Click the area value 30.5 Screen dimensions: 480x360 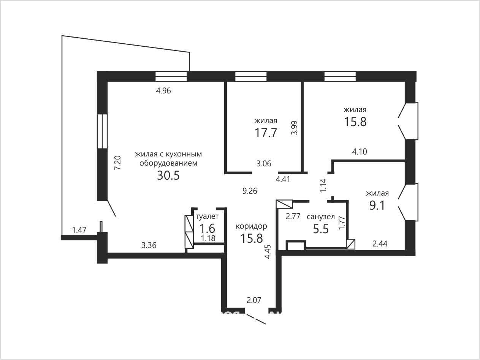tap(168, 175)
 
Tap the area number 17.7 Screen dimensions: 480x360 tap(266, 133)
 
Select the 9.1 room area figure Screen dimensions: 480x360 tap(377, 205)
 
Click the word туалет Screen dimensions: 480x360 tap(207, 216)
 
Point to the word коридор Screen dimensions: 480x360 tap(251, 226)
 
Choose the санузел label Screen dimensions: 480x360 tap(321, 217)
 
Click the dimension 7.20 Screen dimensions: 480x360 tap(118, 163)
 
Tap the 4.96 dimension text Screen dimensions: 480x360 tap(163, 90)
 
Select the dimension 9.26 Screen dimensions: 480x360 tap(250, 191)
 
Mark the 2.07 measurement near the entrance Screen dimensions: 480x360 tap(254, 300)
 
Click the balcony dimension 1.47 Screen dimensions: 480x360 tap(79, 230)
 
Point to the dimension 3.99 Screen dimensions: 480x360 tap(295, 128)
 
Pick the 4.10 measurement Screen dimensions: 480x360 tap(360, 152)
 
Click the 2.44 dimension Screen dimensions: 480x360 tap(380, 243)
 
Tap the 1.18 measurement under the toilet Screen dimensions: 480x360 tap(208, 238)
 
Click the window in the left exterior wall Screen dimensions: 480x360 tap(102, 131)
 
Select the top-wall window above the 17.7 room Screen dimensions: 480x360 tap(251, 76)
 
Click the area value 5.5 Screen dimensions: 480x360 tap(321, 229)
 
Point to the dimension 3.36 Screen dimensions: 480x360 tap(149, 245)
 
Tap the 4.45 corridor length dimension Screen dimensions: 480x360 tap(268, 252)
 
